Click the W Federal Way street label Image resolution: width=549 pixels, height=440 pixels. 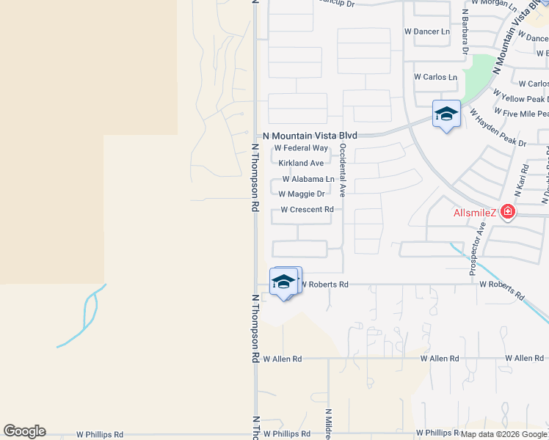[x=301, y=148]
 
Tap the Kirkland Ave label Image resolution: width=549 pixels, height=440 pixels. [x=301, y=164]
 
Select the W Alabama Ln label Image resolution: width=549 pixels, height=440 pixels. [x=308, y=179]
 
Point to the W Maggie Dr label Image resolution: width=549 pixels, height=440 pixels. [x=302, y=194]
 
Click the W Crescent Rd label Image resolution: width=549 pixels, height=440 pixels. [x=307, y=210]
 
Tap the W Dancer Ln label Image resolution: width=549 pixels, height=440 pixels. [x=427, y=32]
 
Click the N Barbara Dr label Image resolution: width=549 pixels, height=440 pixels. [x=465, y=32]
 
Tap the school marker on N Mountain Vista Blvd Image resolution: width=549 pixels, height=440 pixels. [x=446, y=114]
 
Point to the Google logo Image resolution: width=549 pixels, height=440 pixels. [x=24, y=431]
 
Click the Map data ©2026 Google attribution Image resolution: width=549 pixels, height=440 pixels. [x=503, y=434]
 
